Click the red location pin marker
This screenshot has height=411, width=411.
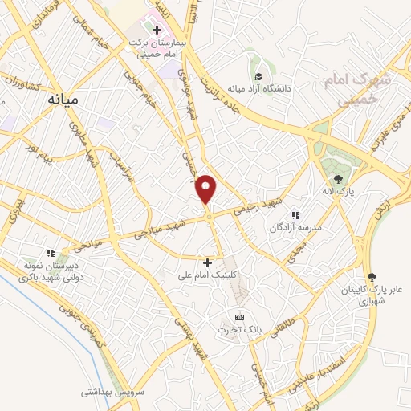(x=207, y=189)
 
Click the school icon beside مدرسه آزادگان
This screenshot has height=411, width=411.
(x=295, y=214)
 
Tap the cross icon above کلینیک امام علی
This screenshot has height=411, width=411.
(x=207, y=262)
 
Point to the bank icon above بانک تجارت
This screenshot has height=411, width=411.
(x=238, y=318)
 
